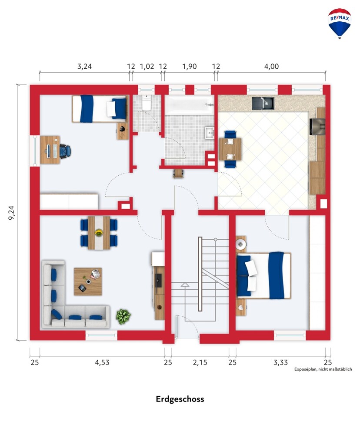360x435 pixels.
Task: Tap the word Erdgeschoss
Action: pos(180,399)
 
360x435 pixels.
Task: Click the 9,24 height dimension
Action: pos(12,213)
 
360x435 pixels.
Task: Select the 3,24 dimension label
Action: pos(84,66)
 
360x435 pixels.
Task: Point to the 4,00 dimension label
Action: pos(271,66)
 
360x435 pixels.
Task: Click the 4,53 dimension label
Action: pos(102,362)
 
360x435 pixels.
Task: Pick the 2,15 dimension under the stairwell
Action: pos(200,362)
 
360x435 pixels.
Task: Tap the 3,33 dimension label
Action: pos(281,362)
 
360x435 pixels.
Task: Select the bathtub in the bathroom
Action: pos(190,104)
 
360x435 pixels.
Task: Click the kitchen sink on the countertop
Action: pos(263,103)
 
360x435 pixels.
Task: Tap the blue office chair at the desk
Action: pos(66,151)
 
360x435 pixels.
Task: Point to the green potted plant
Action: pos(123,316)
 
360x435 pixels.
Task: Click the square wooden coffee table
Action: pos(88,281)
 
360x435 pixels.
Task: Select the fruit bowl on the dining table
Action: pos(98,232)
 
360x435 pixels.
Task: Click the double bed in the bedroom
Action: pos(263,275)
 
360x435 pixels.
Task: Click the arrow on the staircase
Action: pos(185,284)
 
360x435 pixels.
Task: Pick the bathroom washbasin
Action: pos(210,133)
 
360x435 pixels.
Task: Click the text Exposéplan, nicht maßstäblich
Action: pos(323,369)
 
